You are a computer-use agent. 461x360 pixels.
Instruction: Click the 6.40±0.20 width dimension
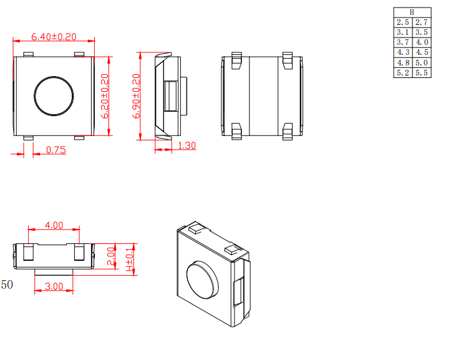click(x=54, y=37)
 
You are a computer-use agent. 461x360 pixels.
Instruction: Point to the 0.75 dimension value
click(x=56, y=150)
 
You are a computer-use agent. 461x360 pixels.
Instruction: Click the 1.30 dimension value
click(x=187, y=145)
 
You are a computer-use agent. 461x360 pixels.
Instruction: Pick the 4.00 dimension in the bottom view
click(x=54, y=225)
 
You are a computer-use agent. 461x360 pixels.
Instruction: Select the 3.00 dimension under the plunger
click(x=54, y=286)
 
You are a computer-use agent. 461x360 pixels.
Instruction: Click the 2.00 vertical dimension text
click(x=111, y=256)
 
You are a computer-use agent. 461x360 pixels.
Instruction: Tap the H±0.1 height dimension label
click(x=130, y=257)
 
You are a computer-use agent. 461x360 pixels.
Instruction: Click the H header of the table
click(x=412, y=12)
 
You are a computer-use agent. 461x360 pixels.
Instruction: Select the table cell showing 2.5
click(x=402, y=22)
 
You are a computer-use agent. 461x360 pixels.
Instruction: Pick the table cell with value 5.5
click(x=422, y=73)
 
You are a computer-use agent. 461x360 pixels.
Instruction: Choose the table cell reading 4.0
click(x=422, y=42)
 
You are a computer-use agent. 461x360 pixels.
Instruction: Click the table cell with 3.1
click(x=402, y=32)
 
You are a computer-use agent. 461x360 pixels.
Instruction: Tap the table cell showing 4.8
click(x=402, y=63)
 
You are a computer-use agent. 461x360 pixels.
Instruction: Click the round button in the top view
click(x=54, y=97)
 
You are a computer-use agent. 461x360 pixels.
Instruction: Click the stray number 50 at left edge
click(x=7, y=285)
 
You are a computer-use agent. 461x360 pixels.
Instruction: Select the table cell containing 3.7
click(x=402, y=42)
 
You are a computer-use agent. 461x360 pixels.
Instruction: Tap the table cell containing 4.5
click(x=422, y=52)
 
